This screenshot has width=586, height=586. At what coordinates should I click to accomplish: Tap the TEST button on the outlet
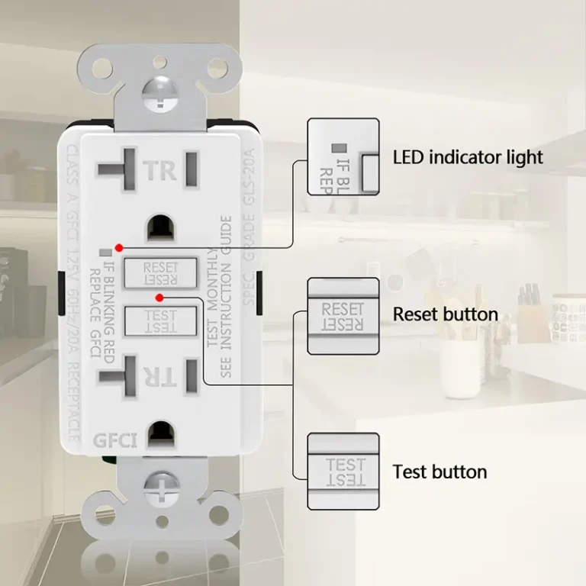click(160, 320)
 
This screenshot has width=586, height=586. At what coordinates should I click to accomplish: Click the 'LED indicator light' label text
click(468, 157)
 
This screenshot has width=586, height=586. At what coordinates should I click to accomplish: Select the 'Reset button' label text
click(445, 314)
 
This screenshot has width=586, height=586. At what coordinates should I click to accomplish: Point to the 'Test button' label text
click(439, 472)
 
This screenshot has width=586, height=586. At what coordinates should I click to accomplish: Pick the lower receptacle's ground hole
click(160, 433)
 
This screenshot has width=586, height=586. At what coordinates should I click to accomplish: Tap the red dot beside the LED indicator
click(119, 248)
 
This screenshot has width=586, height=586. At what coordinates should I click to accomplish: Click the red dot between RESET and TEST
click(159, 296)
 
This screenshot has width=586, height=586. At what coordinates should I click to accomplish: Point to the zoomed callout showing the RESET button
click(343, 315)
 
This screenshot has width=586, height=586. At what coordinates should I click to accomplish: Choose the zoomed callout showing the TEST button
click(343, 471)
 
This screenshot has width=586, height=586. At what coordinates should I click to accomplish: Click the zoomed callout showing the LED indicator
click(343, 156)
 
